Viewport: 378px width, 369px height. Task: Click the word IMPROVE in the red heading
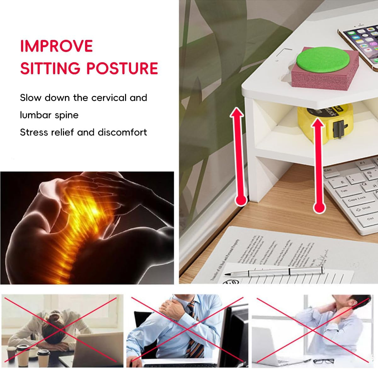56,46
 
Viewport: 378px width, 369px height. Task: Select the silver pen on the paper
285,271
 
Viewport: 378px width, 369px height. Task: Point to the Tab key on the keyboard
344,191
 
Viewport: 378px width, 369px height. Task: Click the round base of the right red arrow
319,207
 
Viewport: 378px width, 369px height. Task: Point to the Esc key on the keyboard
328,170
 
